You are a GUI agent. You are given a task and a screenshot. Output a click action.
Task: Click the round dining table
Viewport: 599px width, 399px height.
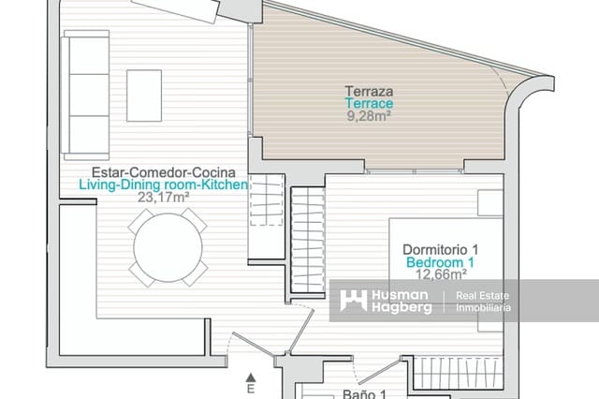pyautogui.click(x=168, y=247)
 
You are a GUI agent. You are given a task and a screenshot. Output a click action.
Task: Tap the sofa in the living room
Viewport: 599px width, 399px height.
pyautogui.click(x=85, y=96)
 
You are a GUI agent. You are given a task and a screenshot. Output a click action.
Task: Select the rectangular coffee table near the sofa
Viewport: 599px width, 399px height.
pyautogui.click(x=144, y=96)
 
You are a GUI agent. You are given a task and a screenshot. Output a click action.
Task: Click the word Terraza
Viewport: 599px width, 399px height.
pyautogui.click(x=369, y=91)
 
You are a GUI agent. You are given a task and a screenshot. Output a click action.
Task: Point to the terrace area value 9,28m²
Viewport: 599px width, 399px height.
pyautogui.click(x=369, y=115)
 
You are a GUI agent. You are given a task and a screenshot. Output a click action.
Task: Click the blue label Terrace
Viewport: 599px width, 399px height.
pyautogui.click(x=369, y=103)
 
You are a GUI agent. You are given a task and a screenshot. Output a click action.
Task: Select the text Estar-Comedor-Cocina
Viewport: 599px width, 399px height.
pyautogui.click(x=164, y=172)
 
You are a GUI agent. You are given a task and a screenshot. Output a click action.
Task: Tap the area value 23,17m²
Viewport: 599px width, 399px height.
pyautogui.click(x=164, y=198)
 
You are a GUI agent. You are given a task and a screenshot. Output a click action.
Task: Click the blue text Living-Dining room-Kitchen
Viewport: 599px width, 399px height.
pyautogui.click(x=164, y=185)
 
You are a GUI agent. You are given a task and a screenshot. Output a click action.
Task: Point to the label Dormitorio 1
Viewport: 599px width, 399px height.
pyautogui.click(x=440, y=249)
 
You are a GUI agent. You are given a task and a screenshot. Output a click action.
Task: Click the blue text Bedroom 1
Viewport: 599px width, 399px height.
pyautogui.click(x=440, y=262)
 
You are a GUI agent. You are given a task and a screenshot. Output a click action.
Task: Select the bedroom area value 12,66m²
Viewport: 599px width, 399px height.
pyautogui.click(x=440, y=274)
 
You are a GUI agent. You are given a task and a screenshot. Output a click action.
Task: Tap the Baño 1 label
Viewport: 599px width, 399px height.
pyautogui.click(x=364, y=394)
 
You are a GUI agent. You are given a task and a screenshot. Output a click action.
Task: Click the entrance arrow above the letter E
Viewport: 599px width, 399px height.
pyautogui.click(x=251, y=377)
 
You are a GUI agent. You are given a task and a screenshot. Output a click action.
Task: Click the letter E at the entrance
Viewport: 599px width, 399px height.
pyautogui.click(x=251, y=389)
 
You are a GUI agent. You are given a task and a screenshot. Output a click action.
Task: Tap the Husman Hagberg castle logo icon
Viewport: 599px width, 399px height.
pyautogui.click(x=354, y=300)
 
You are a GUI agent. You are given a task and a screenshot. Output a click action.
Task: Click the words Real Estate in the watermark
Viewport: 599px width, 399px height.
pyautogui.click(x=483, y=295)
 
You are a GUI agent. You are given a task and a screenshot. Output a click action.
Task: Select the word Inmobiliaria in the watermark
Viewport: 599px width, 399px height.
pyautogui.click(x=483, y=307)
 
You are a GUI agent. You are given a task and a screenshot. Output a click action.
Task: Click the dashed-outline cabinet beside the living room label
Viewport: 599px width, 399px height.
pyautogui.click(x=267, y=199)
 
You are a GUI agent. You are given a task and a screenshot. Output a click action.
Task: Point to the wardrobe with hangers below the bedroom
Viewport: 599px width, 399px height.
pyautogui.click(x=457, y=373)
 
